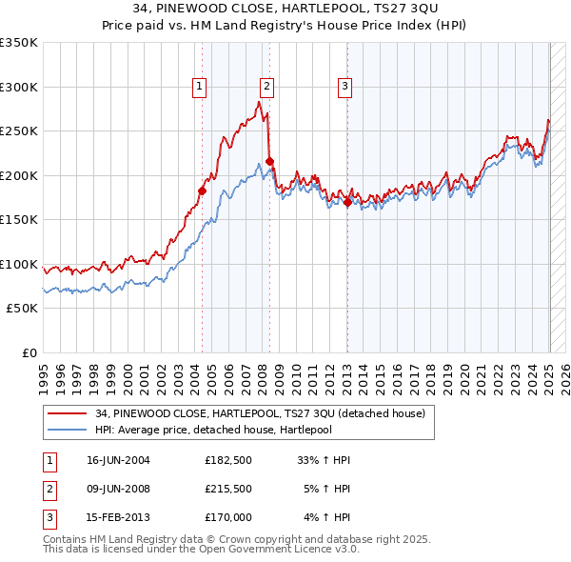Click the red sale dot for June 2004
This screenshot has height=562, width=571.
tap(202, 191)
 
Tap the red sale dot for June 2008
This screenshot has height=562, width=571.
tap(269, 162)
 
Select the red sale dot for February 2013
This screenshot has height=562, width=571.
tap(347, 202)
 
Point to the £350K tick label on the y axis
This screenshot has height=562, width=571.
tap(19, 43)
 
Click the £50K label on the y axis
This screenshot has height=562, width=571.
tap(22, 309)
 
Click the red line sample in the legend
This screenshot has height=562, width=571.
tap(68, 413)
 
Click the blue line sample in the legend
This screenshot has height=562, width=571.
tap(68, 430)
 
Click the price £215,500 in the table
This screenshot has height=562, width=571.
tap(227, 489)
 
